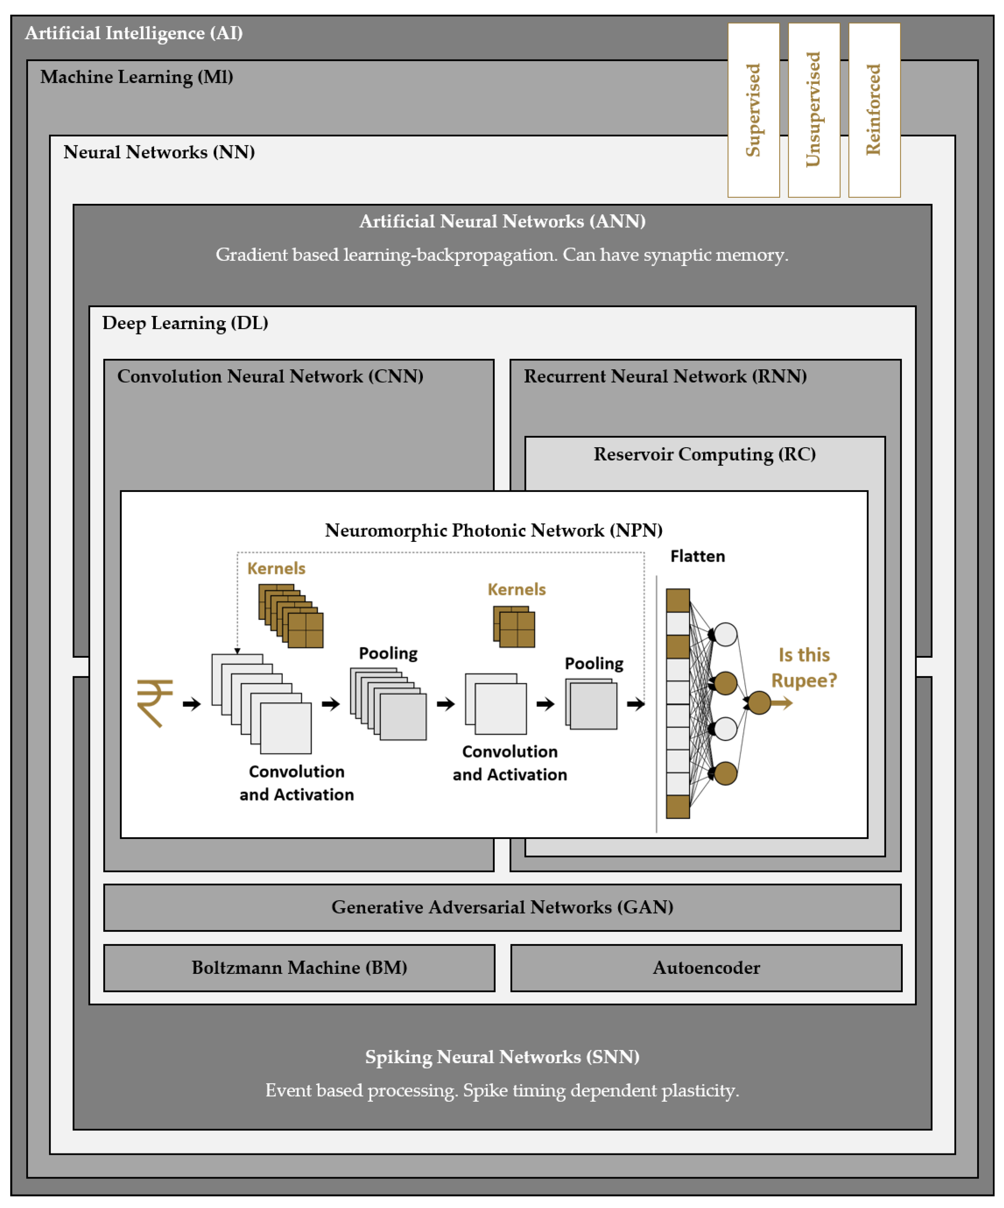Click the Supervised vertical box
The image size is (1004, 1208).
coord(753,110)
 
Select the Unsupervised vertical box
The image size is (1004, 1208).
coord(814,110)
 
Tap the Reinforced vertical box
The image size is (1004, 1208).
coord(874,110)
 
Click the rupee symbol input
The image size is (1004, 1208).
coord(154,703)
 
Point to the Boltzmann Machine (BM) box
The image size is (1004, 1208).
coord(299,967)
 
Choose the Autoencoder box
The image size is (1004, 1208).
coord(706,967)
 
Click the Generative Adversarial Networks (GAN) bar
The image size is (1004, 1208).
coord(502,907)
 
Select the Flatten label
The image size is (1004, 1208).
coord(697,556)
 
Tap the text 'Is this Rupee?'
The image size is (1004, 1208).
coord(804,668)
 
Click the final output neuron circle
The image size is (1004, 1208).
coord(759,703)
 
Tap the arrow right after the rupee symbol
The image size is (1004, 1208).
coord(192,704)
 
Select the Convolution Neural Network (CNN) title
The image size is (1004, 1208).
coord(270,376)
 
